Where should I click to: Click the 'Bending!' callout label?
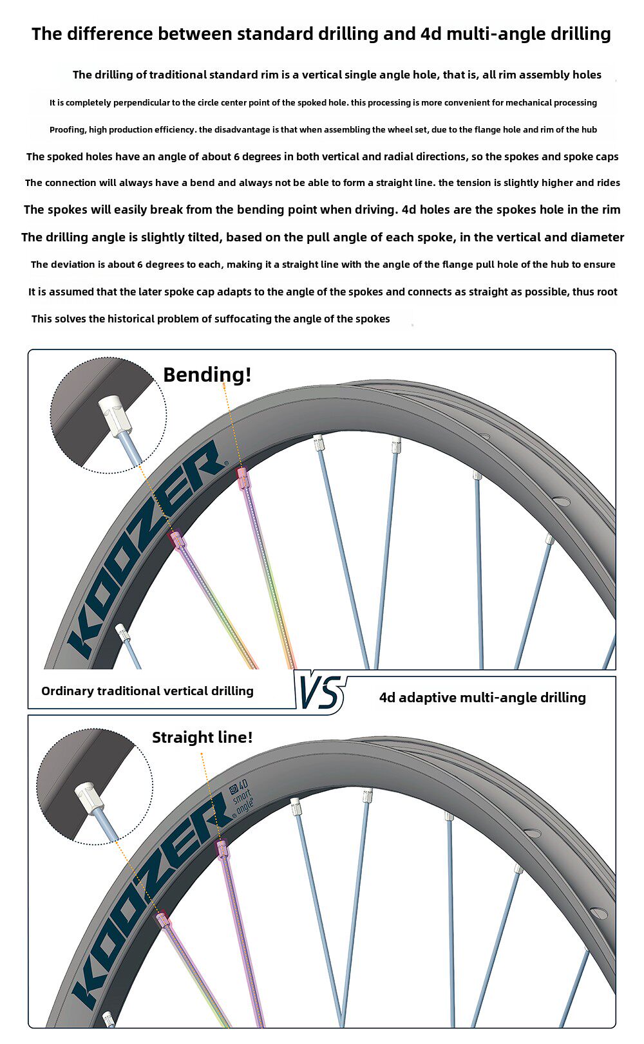(207, 375)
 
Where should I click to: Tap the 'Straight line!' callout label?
(202, 737)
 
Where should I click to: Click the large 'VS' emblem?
(320, 693)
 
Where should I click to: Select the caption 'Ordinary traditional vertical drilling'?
(147, 691)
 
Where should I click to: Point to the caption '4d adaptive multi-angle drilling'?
(482, 697)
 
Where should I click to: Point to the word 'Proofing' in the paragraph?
(67, 129)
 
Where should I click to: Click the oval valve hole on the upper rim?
(561, 501)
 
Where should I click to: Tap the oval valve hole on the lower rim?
(598, 913)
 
